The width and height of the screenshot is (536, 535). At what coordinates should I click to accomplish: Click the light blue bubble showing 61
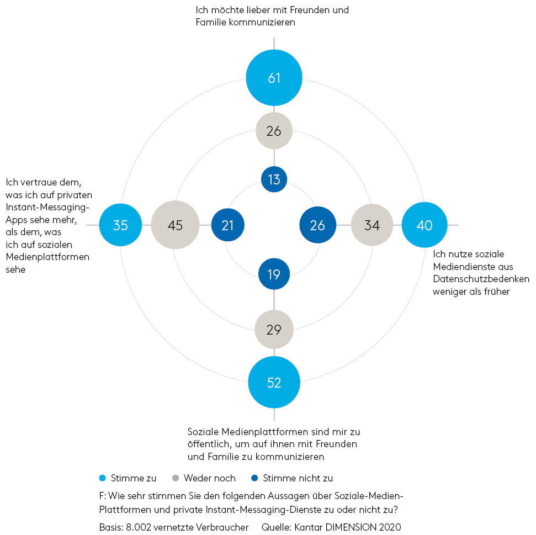point(274,78)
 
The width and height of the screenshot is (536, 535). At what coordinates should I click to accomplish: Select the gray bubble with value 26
point(274,131)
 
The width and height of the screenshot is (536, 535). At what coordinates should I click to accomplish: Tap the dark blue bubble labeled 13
point(274,179)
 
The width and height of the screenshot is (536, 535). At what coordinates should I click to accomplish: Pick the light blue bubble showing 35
point(120,225)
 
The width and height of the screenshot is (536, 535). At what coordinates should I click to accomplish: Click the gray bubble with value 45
point(175,225)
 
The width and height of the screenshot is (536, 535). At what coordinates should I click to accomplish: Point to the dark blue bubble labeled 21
point(227,225)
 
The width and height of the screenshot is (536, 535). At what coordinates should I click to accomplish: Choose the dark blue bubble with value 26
point(317,225)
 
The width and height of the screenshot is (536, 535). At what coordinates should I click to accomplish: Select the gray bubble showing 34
point(372,225)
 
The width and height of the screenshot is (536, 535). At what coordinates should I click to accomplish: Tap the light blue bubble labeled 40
point(424,225)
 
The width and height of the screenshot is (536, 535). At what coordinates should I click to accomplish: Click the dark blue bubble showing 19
point(274,274)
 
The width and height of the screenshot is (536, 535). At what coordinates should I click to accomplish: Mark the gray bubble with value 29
point(274,330)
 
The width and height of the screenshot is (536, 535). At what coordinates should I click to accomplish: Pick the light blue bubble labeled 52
point(274,382)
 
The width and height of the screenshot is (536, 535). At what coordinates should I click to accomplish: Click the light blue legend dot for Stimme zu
point(102,478)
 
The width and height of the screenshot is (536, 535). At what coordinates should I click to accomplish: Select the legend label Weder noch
point(210,478)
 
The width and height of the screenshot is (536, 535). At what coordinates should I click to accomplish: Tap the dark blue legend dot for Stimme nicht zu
point(254,478)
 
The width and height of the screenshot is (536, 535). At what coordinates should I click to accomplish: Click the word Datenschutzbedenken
point(481,279)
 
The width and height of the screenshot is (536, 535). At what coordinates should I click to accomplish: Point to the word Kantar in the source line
point(309,527)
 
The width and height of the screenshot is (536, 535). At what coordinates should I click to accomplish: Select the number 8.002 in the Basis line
point(139,527)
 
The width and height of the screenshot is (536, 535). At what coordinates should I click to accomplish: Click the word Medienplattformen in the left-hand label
point(47,257)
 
